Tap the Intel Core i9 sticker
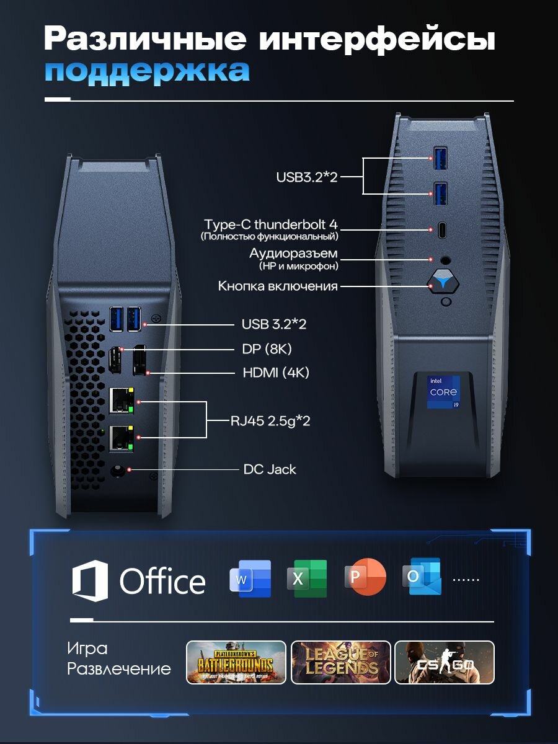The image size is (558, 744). (x=443, y=392)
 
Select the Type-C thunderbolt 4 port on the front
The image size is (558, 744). (x=442, y=230)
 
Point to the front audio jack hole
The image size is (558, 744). (x=445, y=260)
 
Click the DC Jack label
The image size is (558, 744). (x=270, y=469)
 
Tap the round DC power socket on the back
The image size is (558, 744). (x=118, y=471)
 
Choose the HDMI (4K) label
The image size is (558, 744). (x=276, y=373)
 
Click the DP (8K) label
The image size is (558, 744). (x=267, y=349)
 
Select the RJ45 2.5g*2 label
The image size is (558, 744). (x=270, y=421)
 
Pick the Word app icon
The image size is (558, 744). (x=250, y=578)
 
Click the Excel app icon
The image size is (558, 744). (x=308, y=578)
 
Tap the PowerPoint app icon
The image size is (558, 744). (x=365, y=577)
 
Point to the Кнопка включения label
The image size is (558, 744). (x=278, y=286)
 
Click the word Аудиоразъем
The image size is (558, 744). (x=293, y=254)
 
